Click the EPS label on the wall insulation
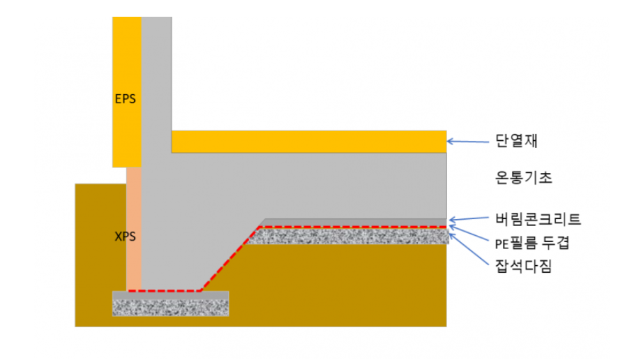click(125, 98)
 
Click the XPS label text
click(125, 237)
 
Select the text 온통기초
click(520, 177)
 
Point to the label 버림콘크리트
click(534, 219)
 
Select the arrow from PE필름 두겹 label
click(472, 234)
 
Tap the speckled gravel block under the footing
click(170, 308)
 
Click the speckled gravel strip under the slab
click(349, 237)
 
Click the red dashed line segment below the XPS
click(164, 290)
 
